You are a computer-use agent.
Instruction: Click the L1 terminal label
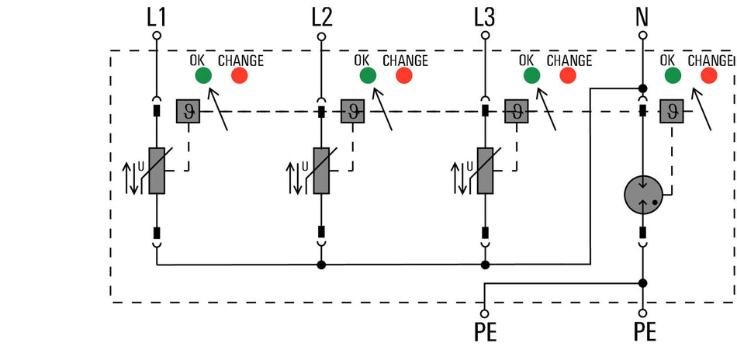[157, 19]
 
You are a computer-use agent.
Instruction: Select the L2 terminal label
[322, 19]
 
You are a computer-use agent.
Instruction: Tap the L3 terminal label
[485, 19]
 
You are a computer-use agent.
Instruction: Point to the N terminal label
[642, 19]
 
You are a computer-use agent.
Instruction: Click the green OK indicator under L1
[203, 75]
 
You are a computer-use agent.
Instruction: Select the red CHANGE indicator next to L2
[403, 75]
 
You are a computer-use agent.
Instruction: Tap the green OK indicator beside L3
[532, 75]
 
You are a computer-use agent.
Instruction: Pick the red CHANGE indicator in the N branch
[709, 75]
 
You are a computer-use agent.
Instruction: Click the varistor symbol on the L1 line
[157, 171]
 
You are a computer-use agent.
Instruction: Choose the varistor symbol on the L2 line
[321, 171]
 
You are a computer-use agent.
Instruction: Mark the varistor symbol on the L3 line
[485, 171]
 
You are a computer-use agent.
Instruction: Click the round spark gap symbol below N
[643, 195]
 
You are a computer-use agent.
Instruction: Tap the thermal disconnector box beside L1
[188, 112]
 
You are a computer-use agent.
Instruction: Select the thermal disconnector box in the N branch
[672, 112]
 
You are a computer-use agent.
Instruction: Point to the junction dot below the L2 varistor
[321, 265]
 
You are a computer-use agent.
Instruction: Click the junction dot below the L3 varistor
[485, 265]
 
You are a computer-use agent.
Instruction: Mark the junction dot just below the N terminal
[642, 88]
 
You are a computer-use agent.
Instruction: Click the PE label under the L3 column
[485, 332]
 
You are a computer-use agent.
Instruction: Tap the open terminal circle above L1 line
[157, 35]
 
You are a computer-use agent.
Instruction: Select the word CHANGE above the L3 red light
[569, 61]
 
